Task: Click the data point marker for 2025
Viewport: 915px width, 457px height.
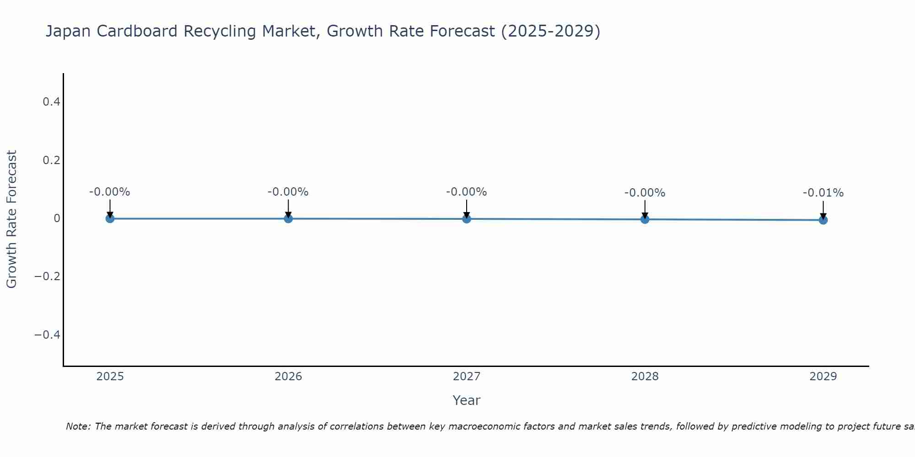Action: coord(110,218)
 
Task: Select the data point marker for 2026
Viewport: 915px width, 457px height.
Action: coord(288,218)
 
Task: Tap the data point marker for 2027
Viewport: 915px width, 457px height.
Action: coord(466,219)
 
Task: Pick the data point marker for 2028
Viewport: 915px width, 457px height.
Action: coord(645,219)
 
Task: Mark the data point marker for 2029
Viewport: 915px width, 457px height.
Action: coord(823,220)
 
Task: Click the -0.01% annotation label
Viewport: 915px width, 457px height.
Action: coord(823,193)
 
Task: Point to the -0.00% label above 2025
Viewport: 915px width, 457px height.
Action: coord(110,192)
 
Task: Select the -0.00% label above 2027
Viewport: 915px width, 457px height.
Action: coord(466,192)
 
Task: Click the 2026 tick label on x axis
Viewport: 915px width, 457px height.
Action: coord(288,377)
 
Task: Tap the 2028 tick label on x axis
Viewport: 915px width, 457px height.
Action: coord(645,377)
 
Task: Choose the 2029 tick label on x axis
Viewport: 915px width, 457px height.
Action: coord(823,377)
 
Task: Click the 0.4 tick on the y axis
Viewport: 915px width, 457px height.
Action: coord(51,101)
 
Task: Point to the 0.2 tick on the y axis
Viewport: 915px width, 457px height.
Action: coord(51,160)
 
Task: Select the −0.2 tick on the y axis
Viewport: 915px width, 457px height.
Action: coord(47,276)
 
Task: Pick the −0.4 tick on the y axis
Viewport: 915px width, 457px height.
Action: coord(47,335)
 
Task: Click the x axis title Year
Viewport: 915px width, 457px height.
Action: coord(466,400)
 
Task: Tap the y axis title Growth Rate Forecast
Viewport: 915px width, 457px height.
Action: coord(11,219)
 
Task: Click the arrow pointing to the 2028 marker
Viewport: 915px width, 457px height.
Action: coord(645,209)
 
